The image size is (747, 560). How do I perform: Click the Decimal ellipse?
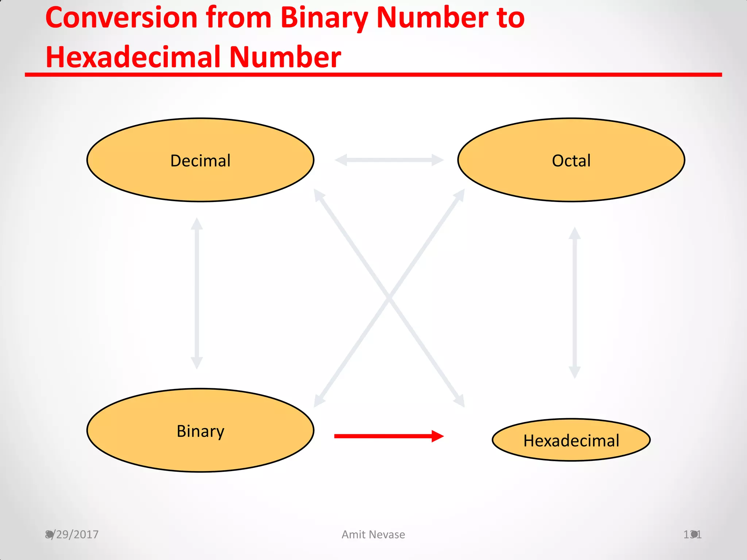200,160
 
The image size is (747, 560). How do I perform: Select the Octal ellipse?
571,160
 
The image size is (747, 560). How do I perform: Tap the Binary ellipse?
200,431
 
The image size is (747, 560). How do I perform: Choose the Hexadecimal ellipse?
571,440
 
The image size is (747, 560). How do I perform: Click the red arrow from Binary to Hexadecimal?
383,436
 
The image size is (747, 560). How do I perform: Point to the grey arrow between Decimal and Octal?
389,160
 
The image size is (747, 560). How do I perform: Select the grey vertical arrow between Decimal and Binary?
197,293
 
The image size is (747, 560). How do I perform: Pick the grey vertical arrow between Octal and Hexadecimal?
574,303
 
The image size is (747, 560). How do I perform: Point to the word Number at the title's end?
285,57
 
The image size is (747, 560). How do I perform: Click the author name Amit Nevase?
373,534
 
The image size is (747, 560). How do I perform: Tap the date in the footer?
72,534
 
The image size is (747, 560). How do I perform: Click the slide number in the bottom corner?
692,534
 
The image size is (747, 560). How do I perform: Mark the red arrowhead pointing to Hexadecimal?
437,436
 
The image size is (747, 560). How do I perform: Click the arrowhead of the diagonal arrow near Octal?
460,195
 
